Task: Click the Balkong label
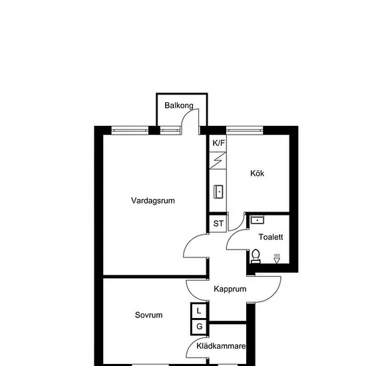pos(179,106)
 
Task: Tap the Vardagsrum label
pos(153,200)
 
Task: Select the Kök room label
pos(257,173)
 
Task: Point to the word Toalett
pos(271,237)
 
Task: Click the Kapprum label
pos(230,289)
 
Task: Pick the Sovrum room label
pos(148,315)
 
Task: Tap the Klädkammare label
pos(221,346)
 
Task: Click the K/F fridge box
pos(218,143)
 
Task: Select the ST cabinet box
pos(218,224)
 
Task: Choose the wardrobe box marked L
pos(199,311)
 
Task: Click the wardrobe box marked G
pos(199,327)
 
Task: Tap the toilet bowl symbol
pos(256,256)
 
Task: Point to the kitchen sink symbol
pos(218,192)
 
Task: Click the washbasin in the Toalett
pos(258,220)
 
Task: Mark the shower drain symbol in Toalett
pos(277,259)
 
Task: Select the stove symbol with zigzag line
pos(218,160)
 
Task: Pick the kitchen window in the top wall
pos(245,130)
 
